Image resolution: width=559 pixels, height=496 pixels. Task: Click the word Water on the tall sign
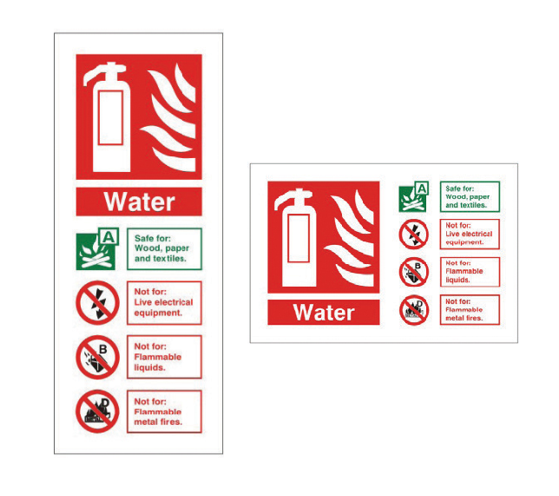[x=140, y=202]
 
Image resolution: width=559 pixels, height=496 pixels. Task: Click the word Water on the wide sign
[x=324, y=313]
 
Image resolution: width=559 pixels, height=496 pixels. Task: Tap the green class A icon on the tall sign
[x=97, y=248]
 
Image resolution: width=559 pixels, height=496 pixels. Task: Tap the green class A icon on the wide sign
[x=413, y=197]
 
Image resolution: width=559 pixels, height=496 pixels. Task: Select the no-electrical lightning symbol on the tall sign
[x=97, y=302]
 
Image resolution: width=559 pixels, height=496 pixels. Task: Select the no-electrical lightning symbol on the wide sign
[x=413, y=234]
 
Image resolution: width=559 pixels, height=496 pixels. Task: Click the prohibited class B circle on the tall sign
[x=97, y=357]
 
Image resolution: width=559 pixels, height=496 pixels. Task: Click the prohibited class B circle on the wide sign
[x=413, y=272]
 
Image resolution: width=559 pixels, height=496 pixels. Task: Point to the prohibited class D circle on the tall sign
[x=97, y=412]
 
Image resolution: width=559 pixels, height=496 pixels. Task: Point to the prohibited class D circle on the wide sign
[x=413, y=310]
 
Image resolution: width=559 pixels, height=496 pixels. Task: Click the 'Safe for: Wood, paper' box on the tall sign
[x=164, y=248]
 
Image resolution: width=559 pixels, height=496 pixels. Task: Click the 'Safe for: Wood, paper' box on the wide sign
[x=470, y=196]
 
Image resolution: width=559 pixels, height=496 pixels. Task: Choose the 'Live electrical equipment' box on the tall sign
[x=164, y=302]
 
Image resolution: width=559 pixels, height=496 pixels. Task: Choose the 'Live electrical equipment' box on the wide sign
[x=470, y=234]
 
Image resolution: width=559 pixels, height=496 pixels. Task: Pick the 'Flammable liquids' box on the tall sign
[x=164, y=357]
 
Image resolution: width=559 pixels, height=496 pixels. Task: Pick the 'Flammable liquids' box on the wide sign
[x=470, y=272]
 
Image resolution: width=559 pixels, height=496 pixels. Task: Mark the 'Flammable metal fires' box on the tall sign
[x=164, y=412]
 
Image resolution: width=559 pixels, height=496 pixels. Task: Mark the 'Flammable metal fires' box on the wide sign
[x=470, y=310]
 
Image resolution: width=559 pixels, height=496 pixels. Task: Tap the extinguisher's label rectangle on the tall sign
[x=110, y=117]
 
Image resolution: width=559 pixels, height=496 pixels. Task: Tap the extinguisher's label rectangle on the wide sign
[x=299, y=238]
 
